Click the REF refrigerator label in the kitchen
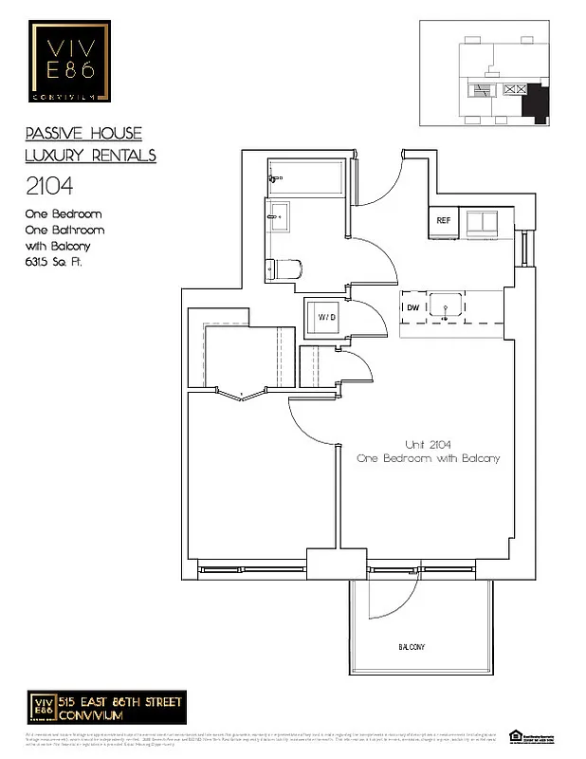click(x=443, y=220)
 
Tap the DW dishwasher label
click(x=412, y=307)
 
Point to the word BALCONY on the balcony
click(x=411, y=647)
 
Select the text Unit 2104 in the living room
click(x=428, y=445)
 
